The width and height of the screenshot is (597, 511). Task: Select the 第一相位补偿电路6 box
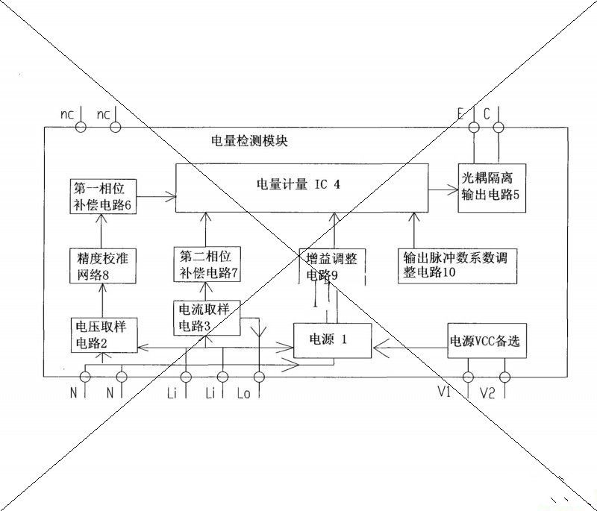click(104, 196)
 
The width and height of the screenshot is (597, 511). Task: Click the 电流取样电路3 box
click(206, 317)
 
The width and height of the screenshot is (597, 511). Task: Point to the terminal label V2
click(487, 392)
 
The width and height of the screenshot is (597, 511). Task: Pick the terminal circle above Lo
click(260, 376)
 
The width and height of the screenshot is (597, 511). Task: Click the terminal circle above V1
click(469, 376)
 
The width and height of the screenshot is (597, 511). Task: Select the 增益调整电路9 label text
click(333, 267)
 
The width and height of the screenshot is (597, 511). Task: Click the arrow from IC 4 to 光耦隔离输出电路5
click(443, 191)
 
